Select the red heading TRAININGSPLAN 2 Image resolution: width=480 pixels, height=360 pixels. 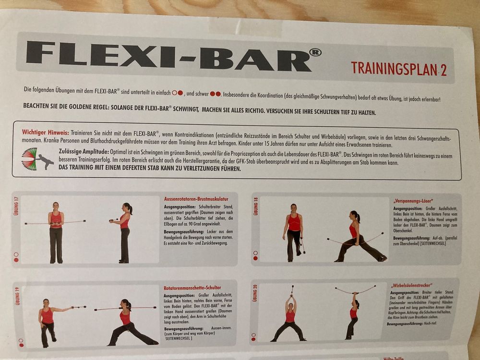point(398,69)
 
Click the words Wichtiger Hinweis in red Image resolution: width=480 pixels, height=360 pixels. point(45,132)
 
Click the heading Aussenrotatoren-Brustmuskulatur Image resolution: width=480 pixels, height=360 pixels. point(195,198)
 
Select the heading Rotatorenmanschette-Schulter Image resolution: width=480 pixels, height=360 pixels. point(192,288)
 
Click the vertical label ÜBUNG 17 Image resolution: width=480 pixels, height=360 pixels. point(16,207)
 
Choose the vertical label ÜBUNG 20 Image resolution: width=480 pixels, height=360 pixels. point(255,293)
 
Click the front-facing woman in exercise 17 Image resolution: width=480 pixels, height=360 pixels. point(56,232)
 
